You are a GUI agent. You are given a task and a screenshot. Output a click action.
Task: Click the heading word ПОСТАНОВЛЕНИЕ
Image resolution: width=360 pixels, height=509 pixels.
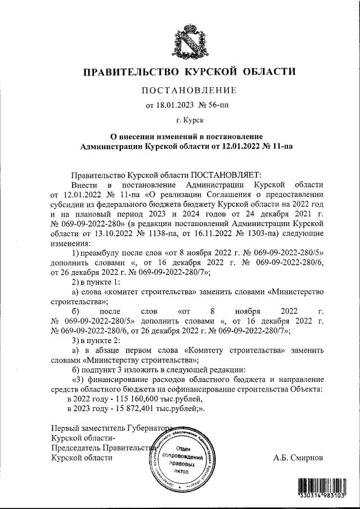coord(189,90)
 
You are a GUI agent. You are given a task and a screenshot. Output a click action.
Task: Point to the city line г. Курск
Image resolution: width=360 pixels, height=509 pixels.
coord(189,120)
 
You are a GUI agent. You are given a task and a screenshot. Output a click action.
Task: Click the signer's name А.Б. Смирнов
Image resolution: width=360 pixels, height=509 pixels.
coord(299,457)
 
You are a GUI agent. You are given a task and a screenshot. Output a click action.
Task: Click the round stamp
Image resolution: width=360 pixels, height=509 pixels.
coord(182,457)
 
